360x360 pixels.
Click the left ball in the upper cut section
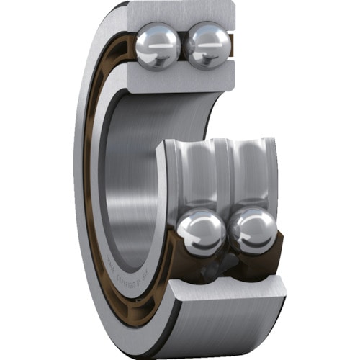(x=158, y=45)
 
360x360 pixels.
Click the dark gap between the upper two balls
(x=183, y=45)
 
